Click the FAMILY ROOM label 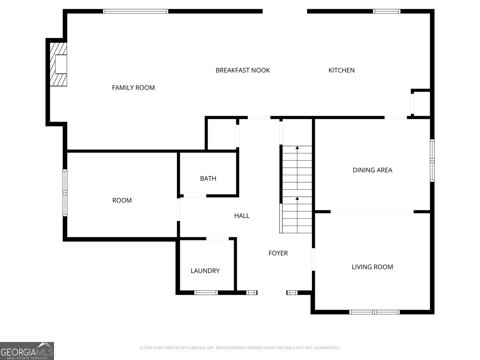[x=133, y=88]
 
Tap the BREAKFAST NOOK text [x=242, y=70]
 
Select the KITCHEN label [x=341, y=70]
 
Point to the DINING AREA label [x=372, y=170]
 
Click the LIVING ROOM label [x=372, y=267]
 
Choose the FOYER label [x=278, y=253]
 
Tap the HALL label [x=242, y=216]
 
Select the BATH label [x=208, y=178]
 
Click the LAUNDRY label [x=205, y=271]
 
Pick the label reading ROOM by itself [x=122, y=200]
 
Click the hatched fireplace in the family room [x=58, y=64]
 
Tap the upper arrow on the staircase [x=297, y=148]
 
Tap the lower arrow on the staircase [x=297, y=198]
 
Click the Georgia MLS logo [x=27, y=351]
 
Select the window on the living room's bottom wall [x=374, y=312]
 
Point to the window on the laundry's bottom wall [x=206, y=293]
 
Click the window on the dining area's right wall [x=432, y=160]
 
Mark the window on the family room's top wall [x=136, y=11]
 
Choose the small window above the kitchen [x=386, y=11]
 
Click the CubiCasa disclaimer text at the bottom [x=240, y=348]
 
